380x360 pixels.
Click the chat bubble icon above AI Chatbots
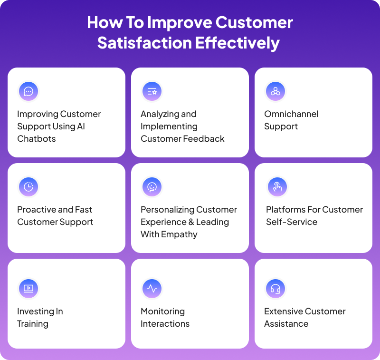click(28, 91)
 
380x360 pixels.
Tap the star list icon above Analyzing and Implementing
click(152, 91)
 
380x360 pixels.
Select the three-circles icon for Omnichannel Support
click(275, 91)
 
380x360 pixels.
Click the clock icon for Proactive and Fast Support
click(28, 187)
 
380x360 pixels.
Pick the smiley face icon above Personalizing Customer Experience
click(152, 187)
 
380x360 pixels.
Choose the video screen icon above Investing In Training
click(28, 288)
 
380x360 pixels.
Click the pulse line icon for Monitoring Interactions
click(152, 288)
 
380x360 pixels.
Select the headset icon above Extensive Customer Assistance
click(275, 288)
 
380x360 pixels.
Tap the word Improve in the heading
click(179, 22)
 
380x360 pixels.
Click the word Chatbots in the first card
click(37, 139)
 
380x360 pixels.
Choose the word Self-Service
click(292, 222)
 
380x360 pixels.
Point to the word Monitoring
click(162, 311)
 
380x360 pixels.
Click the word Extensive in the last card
click(283, 311)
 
